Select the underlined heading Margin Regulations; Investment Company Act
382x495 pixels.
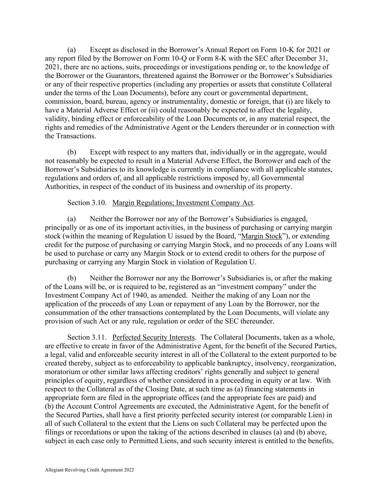click(182, 203)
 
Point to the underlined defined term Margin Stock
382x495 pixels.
click(261, 236)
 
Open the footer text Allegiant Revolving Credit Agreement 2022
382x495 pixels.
click(89, 470)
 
